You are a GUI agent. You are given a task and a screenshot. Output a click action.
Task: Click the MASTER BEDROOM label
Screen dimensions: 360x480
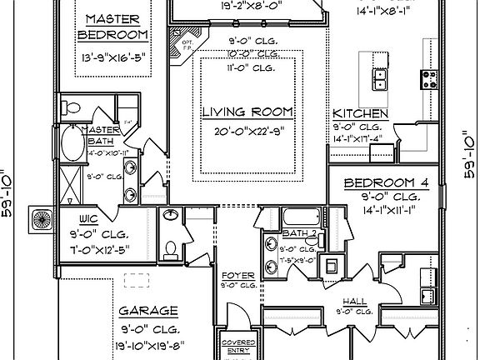pos(112,27)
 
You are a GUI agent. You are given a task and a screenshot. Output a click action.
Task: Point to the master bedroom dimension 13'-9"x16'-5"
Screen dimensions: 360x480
pos(112,59)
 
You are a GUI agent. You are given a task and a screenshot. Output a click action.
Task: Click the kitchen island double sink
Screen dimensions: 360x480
pos(379,79)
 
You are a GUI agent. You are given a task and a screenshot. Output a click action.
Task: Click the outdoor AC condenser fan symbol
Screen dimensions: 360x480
pos(40,222)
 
